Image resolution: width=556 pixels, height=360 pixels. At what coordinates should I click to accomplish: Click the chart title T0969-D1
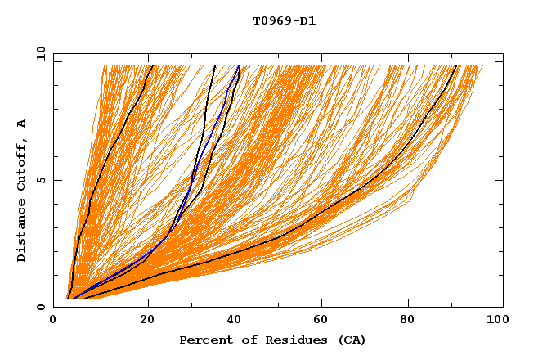pyautogui.click(x=284, y=21)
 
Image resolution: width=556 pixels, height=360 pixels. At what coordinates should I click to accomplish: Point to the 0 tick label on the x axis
pyautogui.click(x=53, y=319)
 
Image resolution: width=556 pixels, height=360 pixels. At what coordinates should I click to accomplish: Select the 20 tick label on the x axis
pyautogui.click(x=147, y=319)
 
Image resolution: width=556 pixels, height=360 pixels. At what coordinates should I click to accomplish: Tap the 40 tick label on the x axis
pyautogui.click(x=237, y=319)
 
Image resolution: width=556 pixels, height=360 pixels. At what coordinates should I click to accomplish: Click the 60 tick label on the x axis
pyautogui.click(x=328, y=319)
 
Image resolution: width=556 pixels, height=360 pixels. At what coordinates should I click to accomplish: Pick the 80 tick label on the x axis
pyautogui.click(x=418, y=319)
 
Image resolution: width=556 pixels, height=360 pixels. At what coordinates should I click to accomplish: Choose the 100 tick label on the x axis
pyautogui.click(x=495, y=319)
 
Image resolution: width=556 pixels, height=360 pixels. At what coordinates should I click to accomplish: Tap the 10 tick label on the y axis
pyautogui.click(x=38, y=53)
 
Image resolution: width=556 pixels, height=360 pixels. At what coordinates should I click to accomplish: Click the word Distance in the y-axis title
pyautogui.click(x=22, y=232)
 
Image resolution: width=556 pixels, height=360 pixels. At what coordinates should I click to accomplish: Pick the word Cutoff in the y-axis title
pyautogui.click(x=22, y=164)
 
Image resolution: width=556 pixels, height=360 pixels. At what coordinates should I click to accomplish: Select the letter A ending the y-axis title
pyautogui.click(x=22, y=123)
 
